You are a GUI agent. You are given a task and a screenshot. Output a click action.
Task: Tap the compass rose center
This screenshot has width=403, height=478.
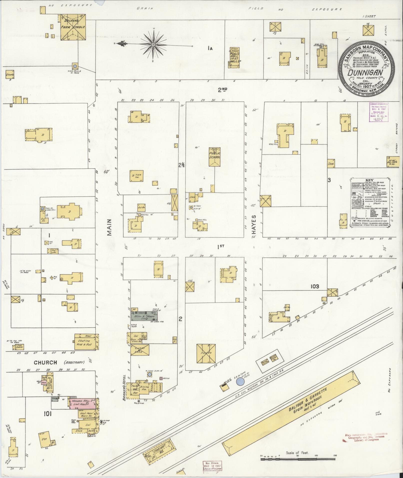pyautogui.click(x=153, y=44)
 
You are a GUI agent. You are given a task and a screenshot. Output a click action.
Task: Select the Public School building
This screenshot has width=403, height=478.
pyautogui.click(x=215, y=157)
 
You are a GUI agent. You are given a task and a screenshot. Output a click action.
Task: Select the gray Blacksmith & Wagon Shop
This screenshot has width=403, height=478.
pyautogui.click(x=143, y=316)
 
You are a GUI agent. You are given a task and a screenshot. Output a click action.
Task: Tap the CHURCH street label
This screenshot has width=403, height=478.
pyautogui.click(x=45, y=362)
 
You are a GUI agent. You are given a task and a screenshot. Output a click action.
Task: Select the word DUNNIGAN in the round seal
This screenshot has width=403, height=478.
pyautogui.click(x=365, y=73)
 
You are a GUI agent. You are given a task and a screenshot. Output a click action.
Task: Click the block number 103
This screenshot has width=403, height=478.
pyautogui.click(x=315, y=286)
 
